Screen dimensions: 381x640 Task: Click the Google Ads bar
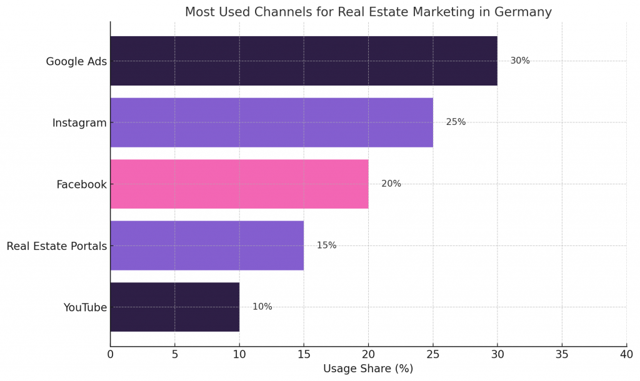304,61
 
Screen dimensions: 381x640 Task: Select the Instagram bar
271,122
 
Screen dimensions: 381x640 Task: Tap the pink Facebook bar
239,184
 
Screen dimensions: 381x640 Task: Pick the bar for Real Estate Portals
207,245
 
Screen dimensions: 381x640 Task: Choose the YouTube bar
175,307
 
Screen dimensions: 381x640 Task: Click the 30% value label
520,61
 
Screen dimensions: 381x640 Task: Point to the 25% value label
456,122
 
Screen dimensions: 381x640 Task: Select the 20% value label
391,184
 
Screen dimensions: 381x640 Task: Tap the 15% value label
326,245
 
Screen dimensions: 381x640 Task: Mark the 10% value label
262,307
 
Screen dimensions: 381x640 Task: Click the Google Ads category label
76,62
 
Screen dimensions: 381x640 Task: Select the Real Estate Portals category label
57,246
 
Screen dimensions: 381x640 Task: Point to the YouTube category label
85,307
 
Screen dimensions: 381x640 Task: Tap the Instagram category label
79,123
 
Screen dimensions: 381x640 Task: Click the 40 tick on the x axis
626,355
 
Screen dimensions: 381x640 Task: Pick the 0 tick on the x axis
111,355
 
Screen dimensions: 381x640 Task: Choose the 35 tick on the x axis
562,355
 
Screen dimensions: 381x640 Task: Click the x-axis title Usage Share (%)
368,369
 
